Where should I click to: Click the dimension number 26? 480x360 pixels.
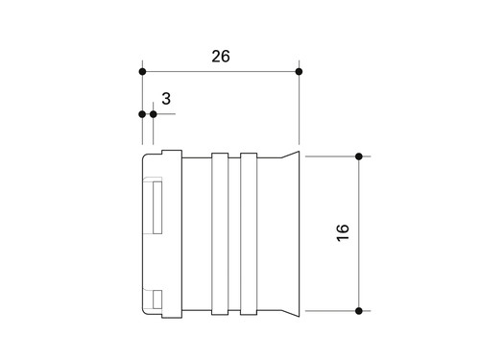[x=221, y=57]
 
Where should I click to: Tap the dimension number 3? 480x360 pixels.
[x=166, y=99]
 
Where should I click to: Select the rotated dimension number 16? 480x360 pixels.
[x=343, y=232]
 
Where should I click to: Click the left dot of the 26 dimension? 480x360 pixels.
[x=142, y=72]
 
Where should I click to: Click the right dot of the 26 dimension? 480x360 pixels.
[x=299, y=72]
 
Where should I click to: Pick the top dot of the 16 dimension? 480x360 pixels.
[x=359, y=156]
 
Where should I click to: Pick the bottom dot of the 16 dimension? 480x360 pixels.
[x=359, y=311]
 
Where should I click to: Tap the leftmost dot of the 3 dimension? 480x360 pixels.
[x=142, y=114]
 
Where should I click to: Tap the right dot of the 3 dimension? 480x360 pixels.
[x=154, y=114]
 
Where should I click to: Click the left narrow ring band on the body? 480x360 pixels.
[x=220, y=234]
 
